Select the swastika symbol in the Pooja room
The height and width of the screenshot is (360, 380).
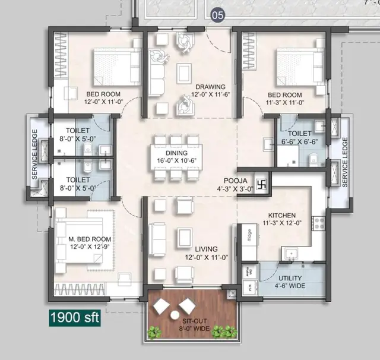pyautogui.click(x=262, y=182)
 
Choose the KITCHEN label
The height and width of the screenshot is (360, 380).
pyautogui.click(x=281, y=215)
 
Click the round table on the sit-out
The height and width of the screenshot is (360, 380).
pyautogui.click(x=175, y=314)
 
